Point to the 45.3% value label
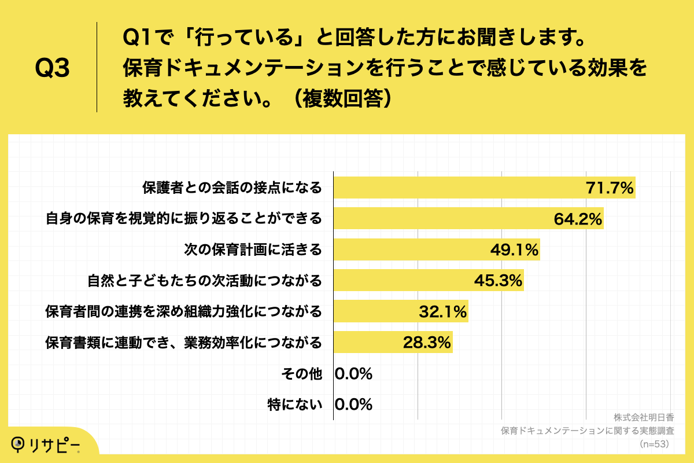[498, 281]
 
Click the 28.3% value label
[426, 343]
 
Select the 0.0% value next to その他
[353, 374]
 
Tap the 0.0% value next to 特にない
[353, 405]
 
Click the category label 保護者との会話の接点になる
[232, 188]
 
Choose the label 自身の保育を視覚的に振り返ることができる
[183, 219]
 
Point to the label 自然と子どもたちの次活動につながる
[205, 281]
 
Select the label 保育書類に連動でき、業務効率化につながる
[183, 343]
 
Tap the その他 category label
[301, 374]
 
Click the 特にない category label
[295, 405]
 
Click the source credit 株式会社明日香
[644, 417]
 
